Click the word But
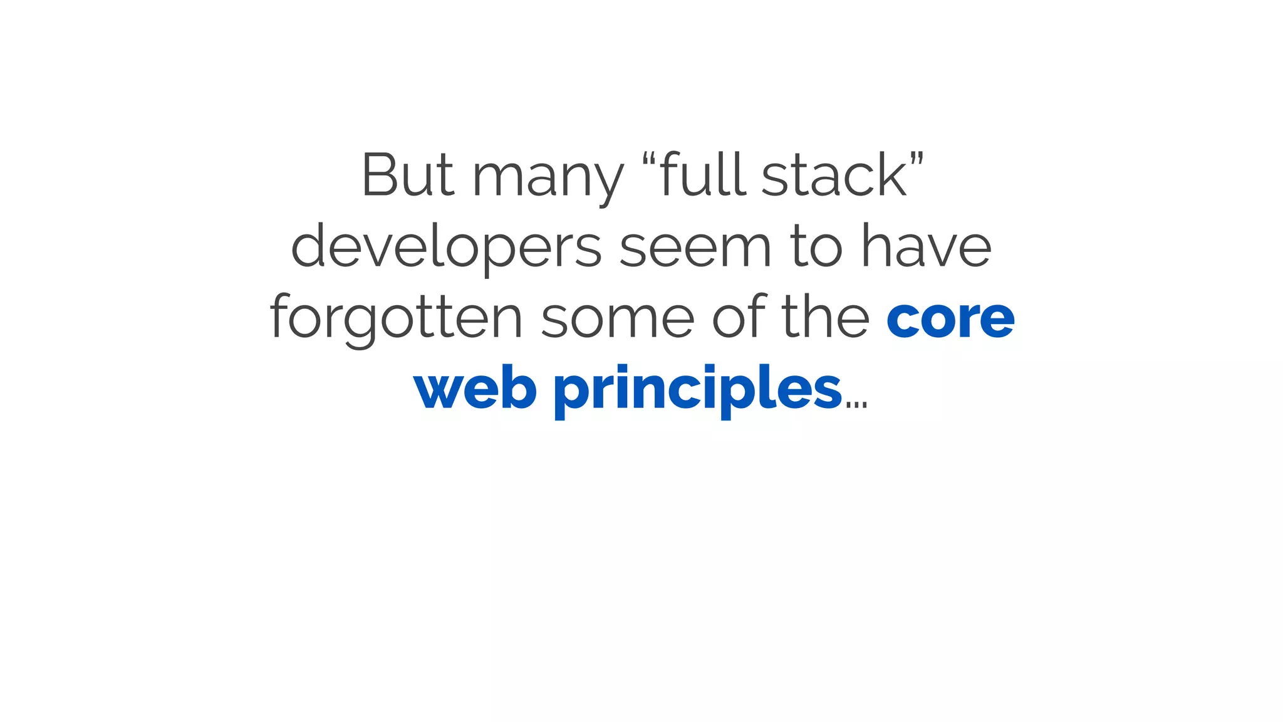point(407,175)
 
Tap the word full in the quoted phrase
point(702,174)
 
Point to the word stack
point(834,175)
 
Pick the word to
point(816,246)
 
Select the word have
point(927,246)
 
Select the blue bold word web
point(475,389)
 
